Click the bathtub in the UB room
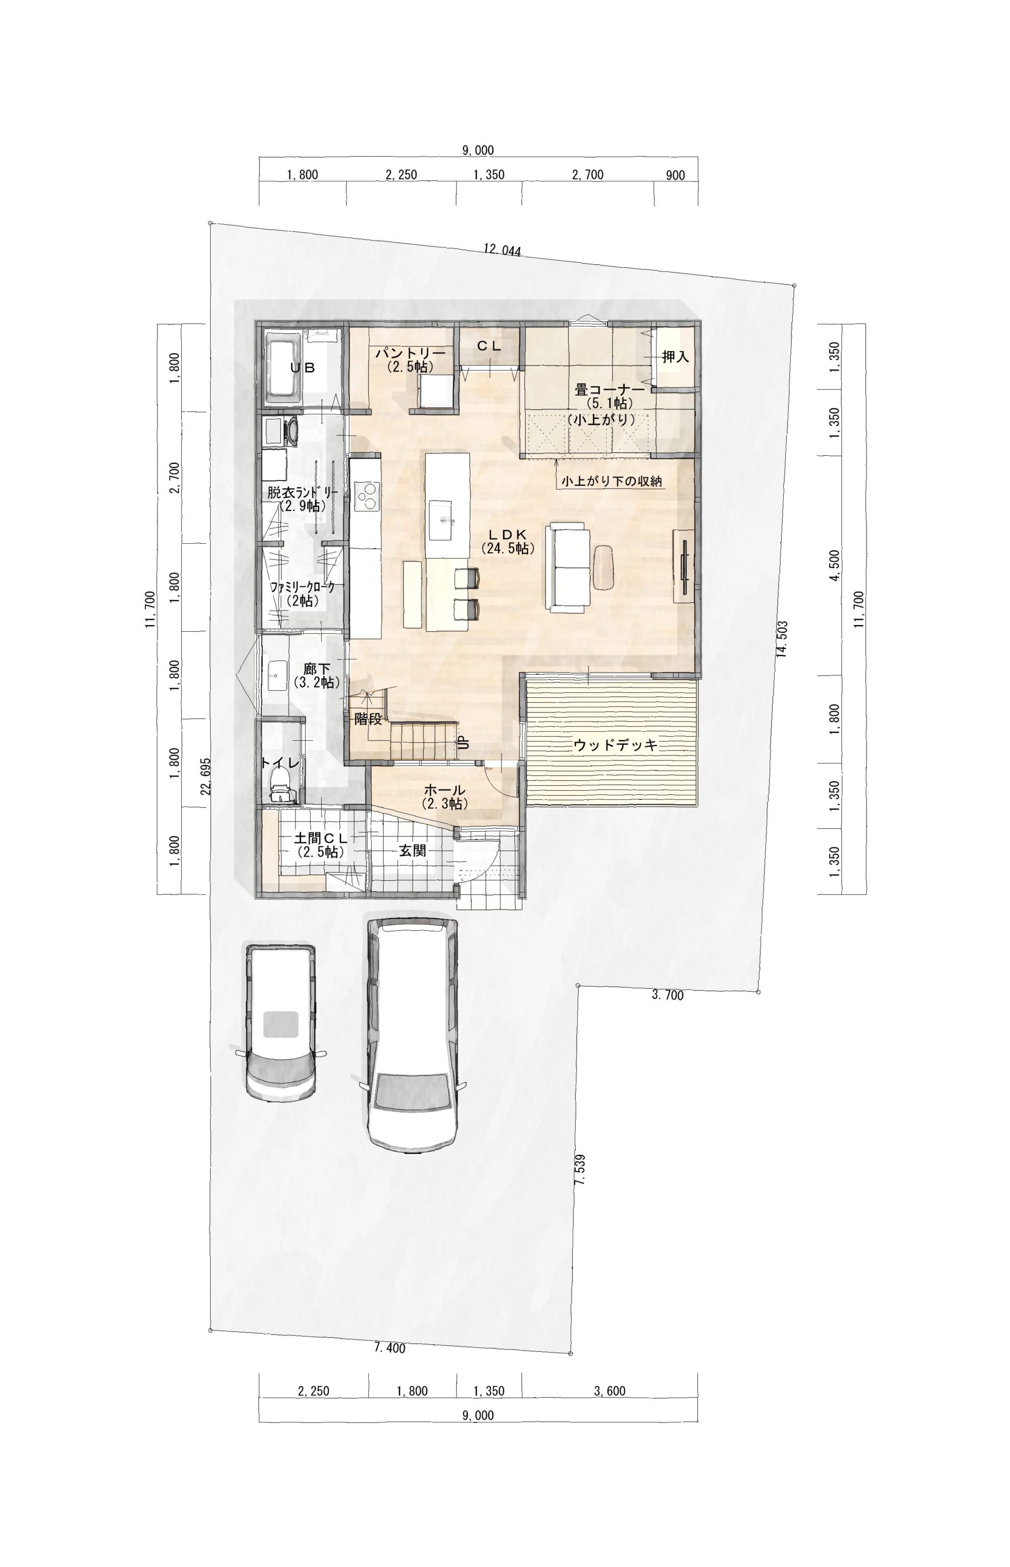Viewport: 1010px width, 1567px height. [283, 368]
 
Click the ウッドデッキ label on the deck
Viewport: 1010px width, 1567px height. [615, 745]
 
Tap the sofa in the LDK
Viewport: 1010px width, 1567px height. [567, 567]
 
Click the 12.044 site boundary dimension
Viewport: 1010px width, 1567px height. [502, 249]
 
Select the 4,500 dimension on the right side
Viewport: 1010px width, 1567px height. [834, 565]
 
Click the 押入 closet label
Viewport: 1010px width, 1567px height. [675, 357]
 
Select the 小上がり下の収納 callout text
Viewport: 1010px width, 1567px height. [611, 481]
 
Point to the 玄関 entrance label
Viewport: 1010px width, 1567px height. [413, 850]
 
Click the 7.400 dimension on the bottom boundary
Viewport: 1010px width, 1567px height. [389, 1348]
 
